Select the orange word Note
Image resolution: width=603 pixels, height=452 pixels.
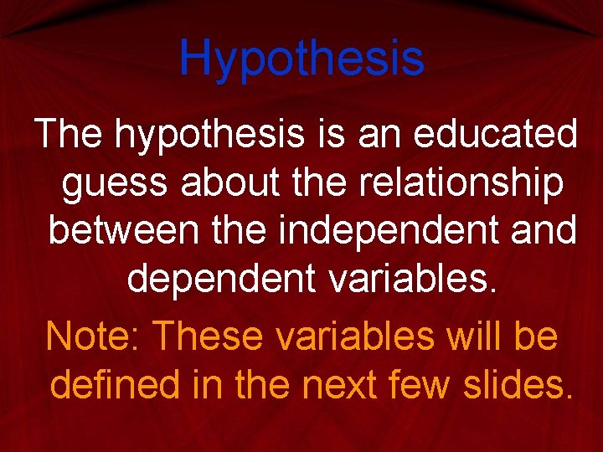pyautogui.click(x=93, y=336)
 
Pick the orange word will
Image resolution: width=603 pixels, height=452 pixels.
pyautogui.click(x=476, y=336)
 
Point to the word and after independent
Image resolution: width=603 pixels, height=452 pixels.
pyautogui.click(x=541, y=232)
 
